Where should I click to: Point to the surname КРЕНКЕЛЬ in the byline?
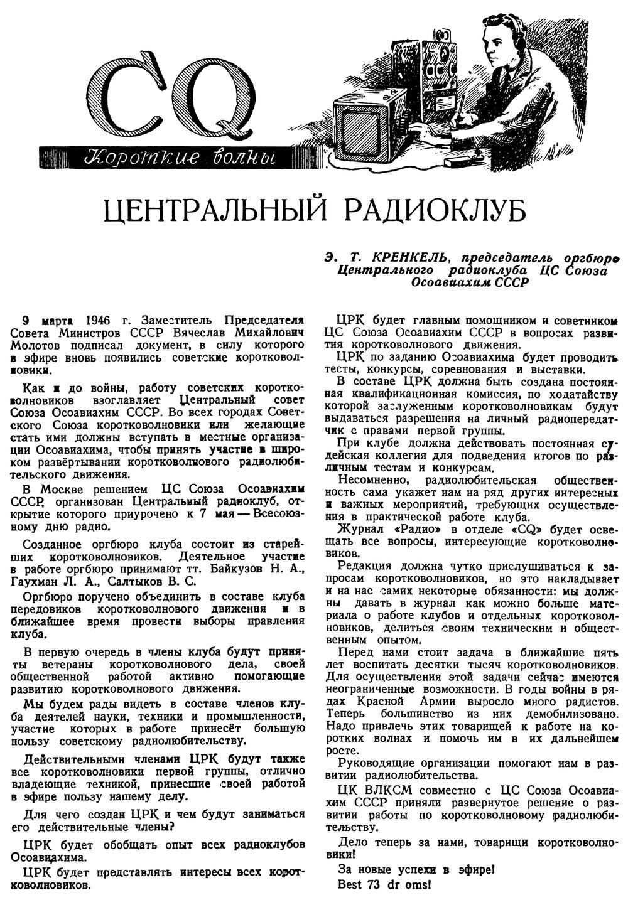click(x=409, y=258)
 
